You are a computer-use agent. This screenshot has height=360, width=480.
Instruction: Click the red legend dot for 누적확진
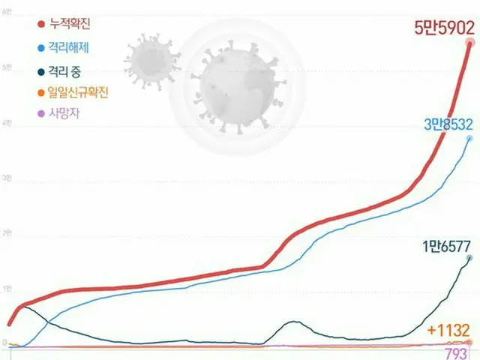pyautogui.click(x=40, y=25)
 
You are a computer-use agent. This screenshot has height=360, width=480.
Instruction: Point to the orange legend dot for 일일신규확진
pyautogui.click(x=40, y=94)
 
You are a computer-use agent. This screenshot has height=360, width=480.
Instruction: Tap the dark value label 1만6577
pyautogui.click(x=446, y=245)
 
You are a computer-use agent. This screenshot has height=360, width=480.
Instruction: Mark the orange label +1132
pyautogui.click(x=448, y=329)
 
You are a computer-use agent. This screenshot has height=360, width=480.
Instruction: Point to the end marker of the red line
pyautogui.click(x=470, y=43)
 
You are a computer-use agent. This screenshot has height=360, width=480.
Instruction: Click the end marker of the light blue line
pyautogui.click(x=469, y=139)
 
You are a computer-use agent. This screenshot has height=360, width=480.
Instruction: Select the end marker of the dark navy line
pyautogui.click(x=469, y=258)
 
